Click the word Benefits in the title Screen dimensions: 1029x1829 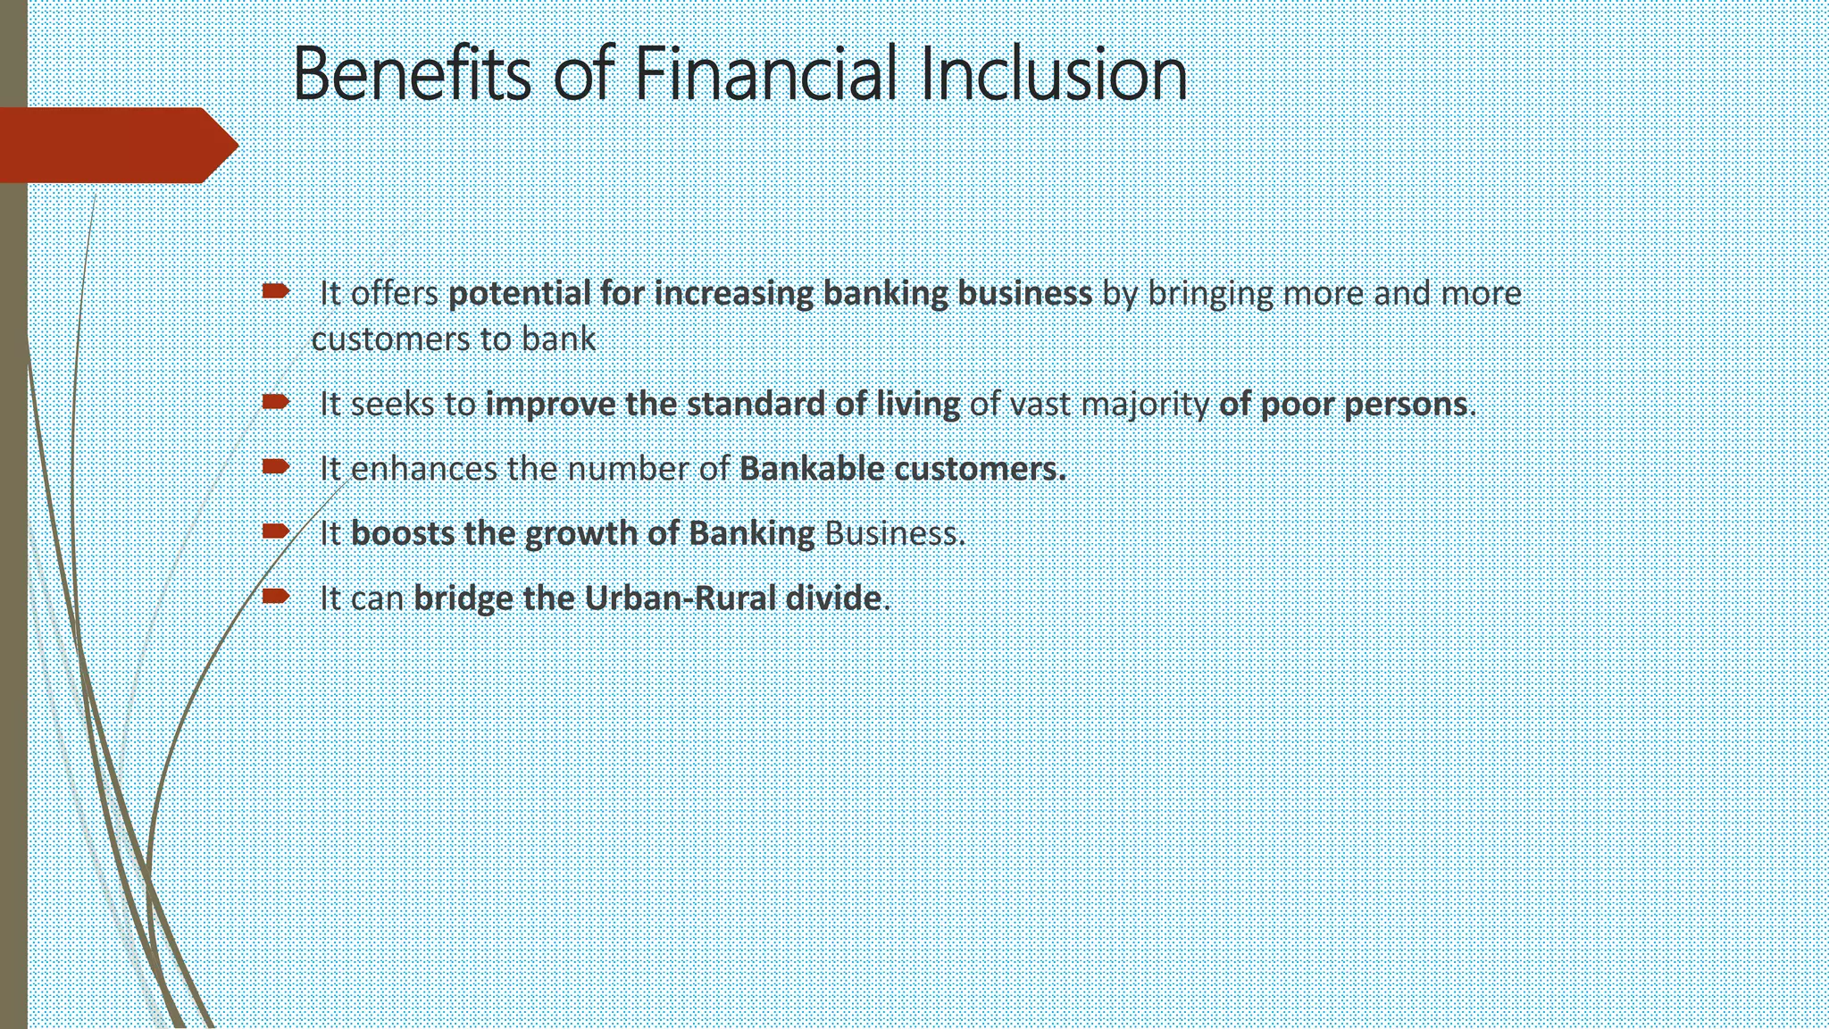pyautogui.click(x=411, y=74)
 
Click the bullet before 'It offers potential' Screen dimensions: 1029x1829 pyautogui.click(x=275, y=290)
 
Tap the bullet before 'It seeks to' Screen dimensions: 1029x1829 pyautogui.click(x=275, y=402)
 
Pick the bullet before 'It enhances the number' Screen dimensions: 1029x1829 pyautogui.click(x=275, y=466)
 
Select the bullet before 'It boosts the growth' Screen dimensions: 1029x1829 pyautogui.click(x=275, y=531)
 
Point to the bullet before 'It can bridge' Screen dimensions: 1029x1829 pyautogui.click(x=275, y=596)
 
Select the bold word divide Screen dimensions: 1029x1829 pyautogui.click(x=832, y=598)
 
